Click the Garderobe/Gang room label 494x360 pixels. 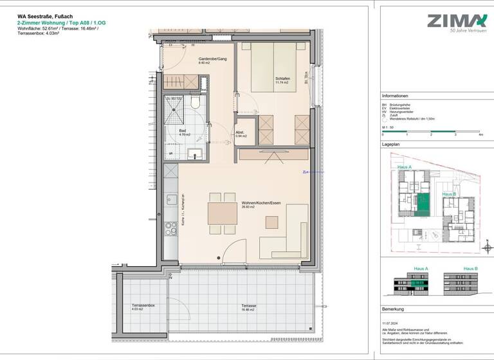(212, 60)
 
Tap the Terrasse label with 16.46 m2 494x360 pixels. (249, 306)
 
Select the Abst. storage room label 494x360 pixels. (241, 133)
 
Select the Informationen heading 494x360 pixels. (395, 94)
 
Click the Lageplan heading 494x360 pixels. (390, 145)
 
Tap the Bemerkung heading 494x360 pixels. (392, 309)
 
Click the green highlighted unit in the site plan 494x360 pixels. (423, 205)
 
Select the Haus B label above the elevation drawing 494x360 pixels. (470, 268)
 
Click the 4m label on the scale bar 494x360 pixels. (480, 135)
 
